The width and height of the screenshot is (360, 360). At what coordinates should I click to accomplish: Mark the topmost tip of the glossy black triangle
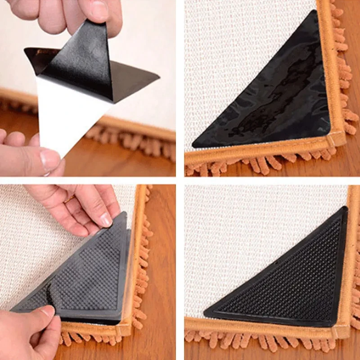point(310,11)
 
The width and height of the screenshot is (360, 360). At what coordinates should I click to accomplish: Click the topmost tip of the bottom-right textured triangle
point(346,207)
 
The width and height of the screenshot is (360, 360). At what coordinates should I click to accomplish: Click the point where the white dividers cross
point(180,180)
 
